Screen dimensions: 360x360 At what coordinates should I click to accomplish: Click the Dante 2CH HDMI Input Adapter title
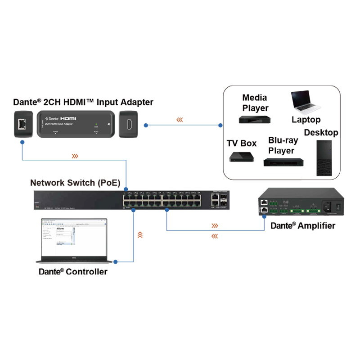(x=83, y=103)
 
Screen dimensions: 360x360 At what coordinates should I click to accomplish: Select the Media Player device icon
(x=255, y=120)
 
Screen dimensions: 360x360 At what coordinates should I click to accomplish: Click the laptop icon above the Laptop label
(x=306, y=103)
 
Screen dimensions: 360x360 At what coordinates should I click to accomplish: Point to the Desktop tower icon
(x=324, y=158)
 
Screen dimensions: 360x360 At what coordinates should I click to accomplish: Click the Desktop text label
(x=321, y=133)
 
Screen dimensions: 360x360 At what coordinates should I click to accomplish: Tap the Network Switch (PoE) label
(x=75, y=183)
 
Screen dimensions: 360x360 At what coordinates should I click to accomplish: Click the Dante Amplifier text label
(x=302, y=225)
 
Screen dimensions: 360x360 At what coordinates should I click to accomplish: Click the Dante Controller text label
(x=73, y=271)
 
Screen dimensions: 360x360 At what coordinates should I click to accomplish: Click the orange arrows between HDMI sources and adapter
(x=180, y=120)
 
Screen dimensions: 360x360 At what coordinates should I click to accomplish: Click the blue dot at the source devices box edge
(x=220, y=125)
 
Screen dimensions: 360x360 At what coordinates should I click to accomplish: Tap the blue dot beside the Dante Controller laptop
(x=116, y=261)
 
